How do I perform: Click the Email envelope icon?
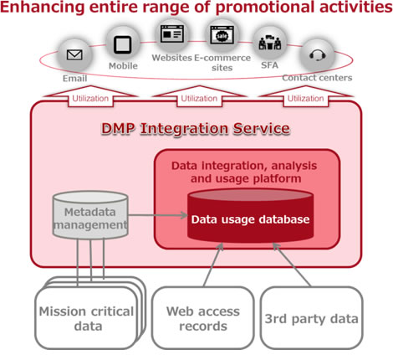[x=74, y=57]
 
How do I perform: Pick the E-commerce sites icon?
[x=222, y=34]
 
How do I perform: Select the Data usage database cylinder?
[x=250, y=219]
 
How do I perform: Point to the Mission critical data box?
[x=85, y=316]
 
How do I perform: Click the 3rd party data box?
[x=310, y=318]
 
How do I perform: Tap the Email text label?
[x=74, y=78]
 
